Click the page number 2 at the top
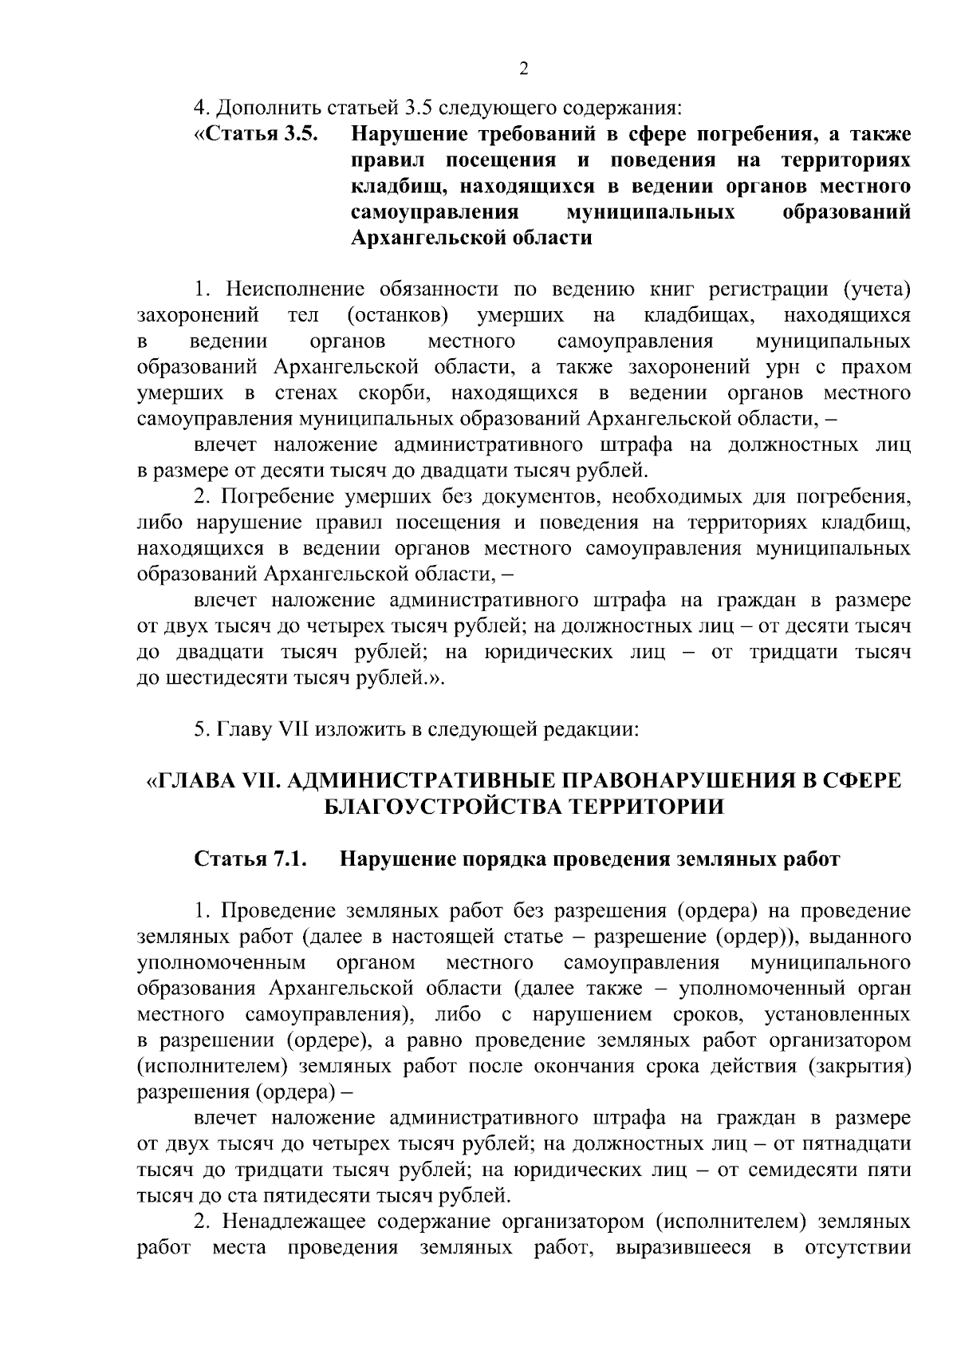(523, 69)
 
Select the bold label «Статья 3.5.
(256, 134)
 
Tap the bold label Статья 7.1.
(251, 859)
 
